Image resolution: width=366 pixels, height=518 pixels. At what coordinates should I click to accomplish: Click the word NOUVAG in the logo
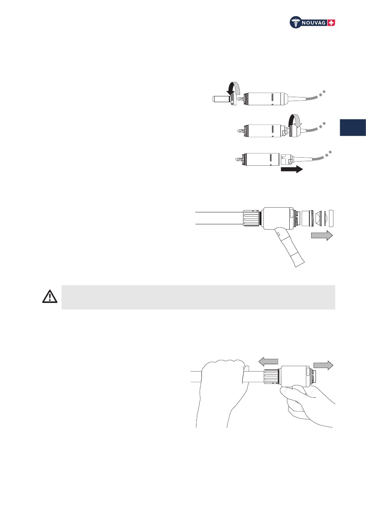click(x=314, y=23)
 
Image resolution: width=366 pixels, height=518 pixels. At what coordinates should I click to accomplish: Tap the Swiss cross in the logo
click(x=331, y=23)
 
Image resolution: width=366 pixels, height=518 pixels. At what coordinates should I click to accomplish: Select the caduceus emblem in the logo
click(x=295, y=22)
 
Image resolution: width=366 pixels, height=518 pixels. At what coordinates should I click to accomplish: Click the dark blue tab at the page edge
click(x=353, y=128)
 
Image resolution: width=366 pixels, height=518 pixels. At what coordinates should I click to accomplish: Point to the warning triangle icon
click(x=50, y=296)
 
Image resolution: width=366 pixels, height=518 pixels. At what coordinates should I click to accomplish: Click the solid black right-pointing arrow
click(x=292, y=169)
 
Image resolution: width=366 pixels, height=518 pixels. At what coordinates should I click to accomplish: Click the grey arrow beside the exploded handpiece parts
click(x=322, y=235)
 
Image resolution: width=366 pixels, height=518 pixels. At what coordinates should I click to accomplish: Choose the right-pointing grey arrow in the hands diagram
click(x=323, y=365)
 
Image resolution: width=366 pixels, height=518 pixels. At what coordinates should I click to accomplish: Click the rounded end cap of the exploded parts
click(x=331, y=218)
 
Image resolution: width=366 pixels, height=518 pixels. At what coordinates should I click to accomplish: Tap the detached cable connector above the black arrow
click(x=287, y=159)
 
